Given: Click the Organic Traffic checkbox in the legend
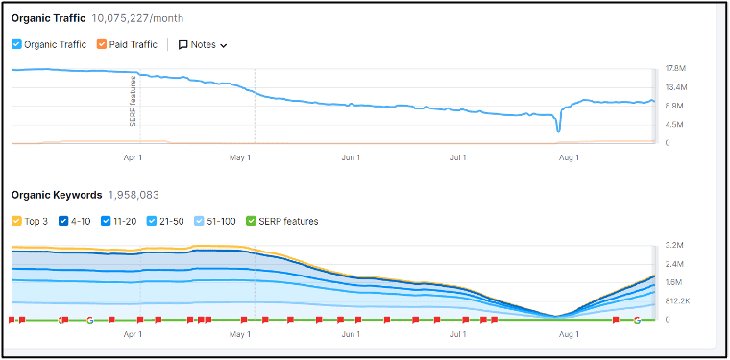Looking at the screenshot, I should pyautogui.click(x=17, y=44).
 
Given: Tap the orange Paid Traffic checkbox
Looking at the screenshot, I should pyautogui.click(x=103, y=44).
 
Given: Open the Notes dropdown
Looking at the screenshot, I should pyautogui.click(x=203, y=44).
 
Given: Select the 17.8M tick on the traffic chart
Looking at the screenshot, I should pyautogui.click(x=675, y=69).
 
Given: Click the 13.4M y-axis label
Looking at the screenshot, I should pyautogui.click(x=675, y=87).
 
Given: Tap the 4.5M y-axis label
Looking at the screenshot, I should pyautogui.click(x=674, y=125).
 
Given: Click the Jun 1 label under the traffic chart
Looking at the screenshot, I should pyautogui.click(x=351, y=158).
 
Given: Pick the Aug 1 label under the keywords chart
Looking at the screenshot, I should pyautogui.click(x=570, y=335).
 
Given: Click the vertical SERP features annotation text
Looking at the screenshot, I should pyautogui.click(x=133, y=101).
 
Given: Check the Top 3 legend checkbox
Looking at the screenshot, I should pyautogui.click(x=17, y=221).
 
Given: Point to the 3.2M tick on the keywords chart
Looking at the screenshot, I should pyautogui.click(x=674, y=246).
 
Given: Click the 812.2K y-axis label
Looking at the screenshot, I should pyautogui.click(x=677, y=301).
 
